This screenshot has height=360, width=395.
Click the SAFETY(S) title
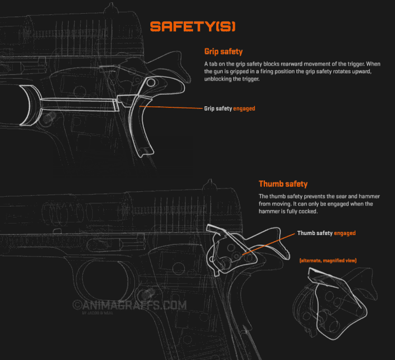[x=193, y=27]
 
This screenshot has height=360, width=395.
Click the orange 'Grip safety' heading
[x=223, y=52]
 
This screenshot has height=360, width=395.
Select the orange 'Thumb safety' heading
[x=283, y=184]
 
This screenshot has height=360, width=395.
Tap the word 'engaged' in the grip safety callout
[x=244, y=108]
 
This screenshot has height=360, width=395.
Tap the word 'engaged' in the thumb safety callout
[x=345, y=233]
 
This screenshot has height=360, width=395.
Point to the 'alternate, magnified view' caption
[x=328, y=260]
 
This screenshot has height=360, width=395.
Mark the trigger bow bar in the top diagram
[x=77, y=103]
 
